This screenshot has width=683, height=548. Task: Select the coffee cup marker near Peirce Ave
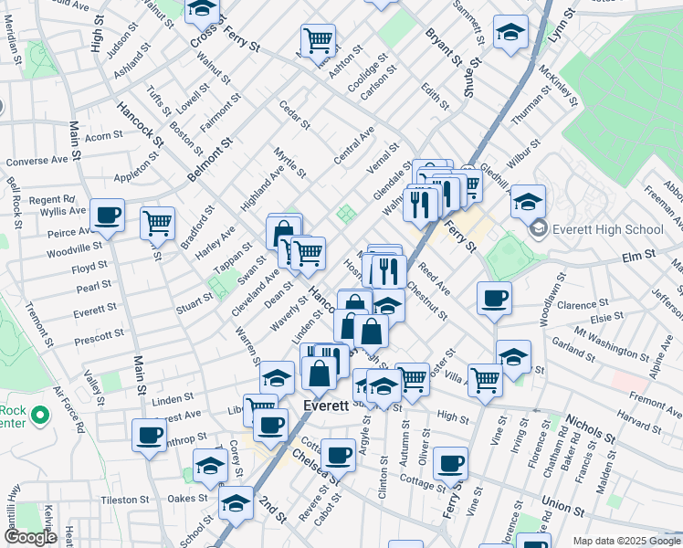[x=108, y=216]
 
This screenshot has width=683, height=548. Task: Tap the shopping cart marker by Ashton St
[x=317, y=39]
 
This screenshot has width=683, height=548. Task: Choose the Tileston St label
[x=125, y=500]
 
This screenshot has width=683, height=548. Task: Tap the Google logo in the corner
[x=29, y=537]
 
